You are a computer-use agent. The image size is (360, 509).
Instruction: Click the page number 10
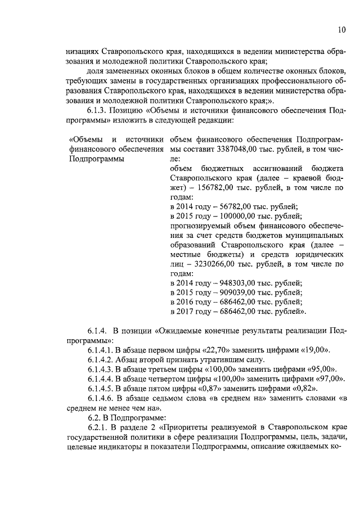coord(342,29)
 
